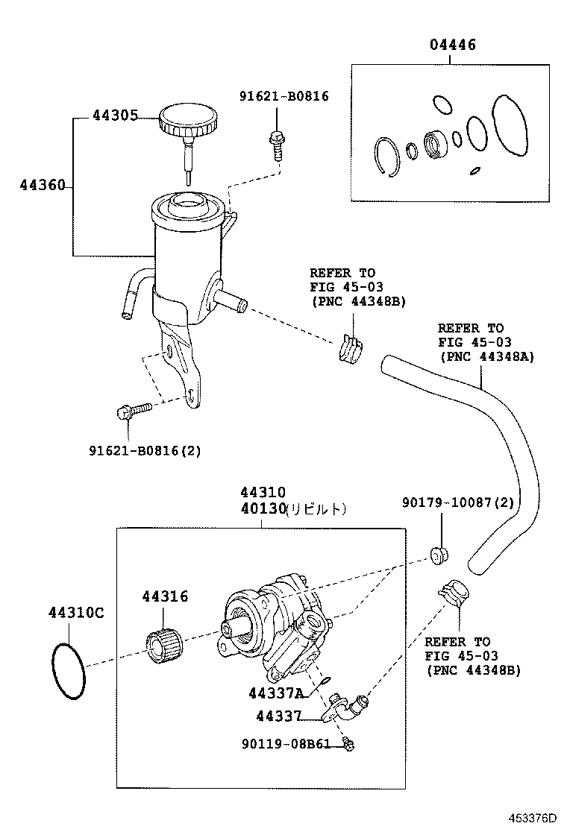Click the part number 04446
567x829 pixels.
point(452,45)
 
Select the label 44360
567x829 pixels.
point(42,185)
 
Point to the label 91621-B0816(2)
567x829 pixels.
point(145,450)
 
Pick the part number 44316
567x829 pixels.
point(165,596)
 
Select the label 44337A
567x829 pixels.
point(276,693)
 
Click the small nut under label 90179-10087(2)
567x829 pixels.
point(437,555)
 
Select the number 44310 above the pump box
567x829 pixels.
point(263,493)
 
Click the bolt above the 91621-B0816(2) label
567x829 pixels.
point(133,411)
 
